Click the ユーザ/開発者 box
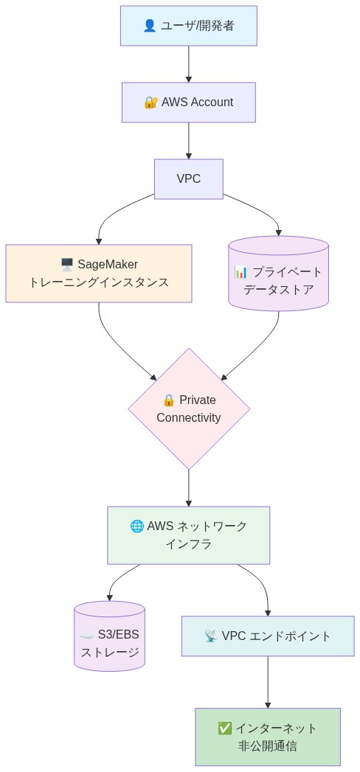click(188, 26)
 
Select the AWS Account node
click(188, 102)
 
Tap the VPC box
click(188, 179)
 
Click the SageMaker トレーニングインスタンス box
click(99, 274)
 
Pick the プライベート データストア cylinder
click(278, 274)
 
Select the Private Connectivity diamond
click(189, 409)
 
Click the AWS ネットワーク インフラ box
click(188, 535)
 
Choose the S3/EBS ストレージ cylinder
click(109, 637)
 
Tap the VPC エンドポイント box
click(268, 636)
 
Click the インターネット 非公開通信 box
click(268, 737)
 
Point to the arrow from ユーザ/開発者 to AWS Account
click(189, 64)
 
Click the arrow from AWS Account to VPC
click(189, 141)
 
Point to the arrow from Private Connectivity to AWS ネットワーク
click(189, 488)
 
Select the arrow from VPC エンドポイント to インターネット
click(268, 682)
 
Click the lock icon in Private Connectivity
click(169, 400)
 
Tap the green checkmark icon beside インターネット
click(225, 728)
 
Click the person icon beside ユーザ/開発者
click(149, 26)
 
